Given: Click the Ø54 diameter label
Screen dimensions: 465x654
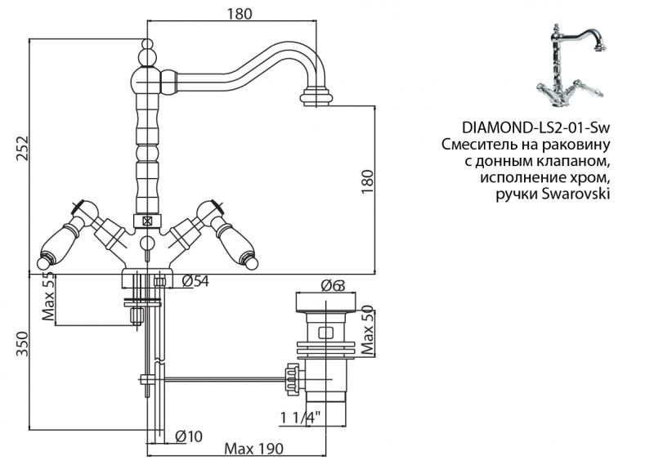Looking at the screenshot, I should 195,282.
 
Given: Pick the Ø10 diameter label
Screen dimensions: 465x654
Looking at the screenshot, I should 189,436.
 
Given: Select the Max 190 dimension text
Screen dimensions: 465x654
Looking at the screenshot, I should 253,449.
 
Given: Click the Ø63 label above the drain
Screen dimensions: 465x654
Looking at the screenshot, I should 332,285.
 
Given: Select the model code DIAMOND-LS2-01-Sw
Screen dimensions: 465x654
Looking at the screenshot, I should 536,128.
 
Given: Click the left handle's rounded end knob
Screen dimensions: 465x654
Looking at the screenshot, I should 43,264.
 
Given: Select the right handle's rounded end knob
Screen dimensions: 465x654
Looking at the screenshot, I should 251,264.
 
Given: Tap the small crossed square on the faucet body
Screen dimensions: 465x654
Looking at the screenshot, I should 147,221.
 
